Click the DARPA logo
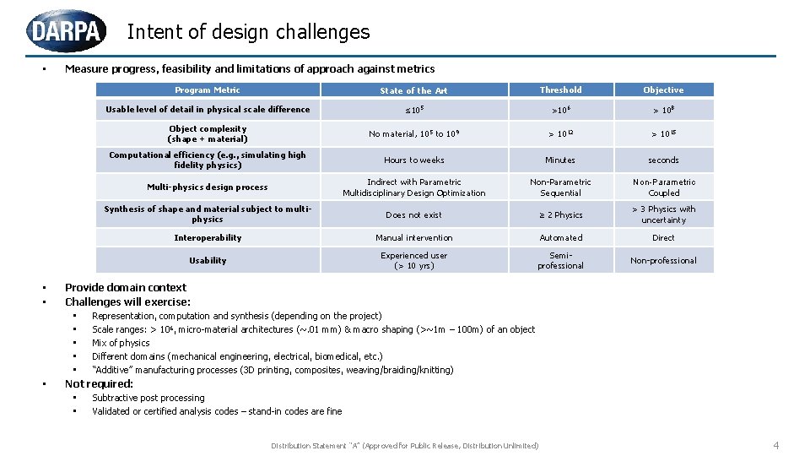[67, 31]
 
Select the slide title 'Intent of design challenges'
[248, 32]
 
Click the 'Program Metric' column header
[208, 90]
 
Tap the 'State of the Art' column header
[413, 90]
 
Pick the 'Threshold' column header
[560, 90]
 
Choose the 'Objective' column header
[663, 90]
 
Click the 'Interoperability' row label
[208, 237]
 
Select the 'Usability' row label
[208, 260]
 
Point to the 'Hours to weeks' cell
[413, 160]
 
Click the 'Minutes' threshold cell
[560, 160]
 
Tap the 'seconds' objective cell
[663, 160]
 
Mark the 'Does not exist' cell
[413, 214]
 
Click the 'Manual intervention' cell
[413, 237]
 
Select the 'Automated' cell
[560, 237]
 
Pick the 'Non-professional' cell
[663, 260]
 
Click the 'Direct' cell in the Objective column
[663, 237]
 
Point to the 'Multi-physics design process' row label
[208, 187]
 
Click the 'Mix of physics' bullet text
[121, 343]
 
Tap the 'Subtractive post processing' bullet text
[148, 398]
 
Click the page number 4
[776, 445]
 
